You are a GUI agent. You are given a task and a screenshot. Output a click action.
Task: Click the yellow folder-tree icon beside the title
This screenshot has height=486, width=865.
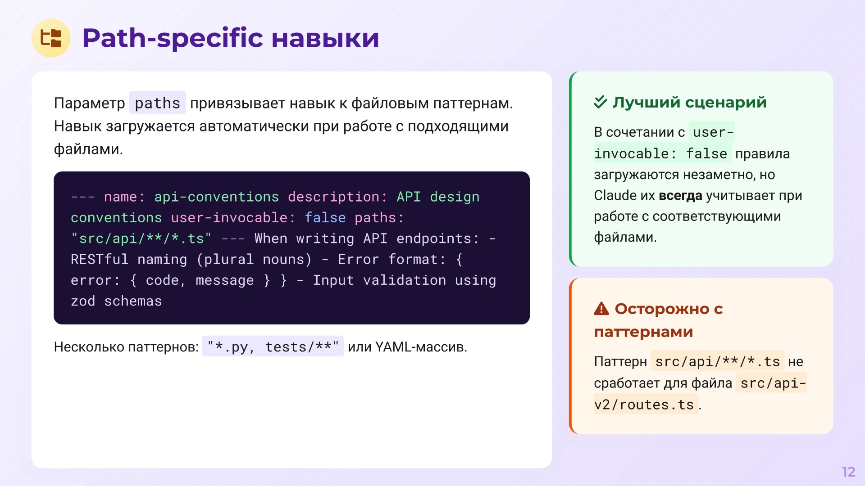click(x=51, y=38)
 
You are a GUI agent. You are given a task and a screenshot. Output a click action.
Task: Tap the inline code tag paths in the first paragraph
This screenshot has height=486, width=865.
click(x=157, y=103)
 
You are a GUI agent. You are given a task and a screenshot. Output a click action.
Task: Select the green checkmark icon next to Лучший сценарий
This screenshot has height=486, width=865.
click(x=600, y=102)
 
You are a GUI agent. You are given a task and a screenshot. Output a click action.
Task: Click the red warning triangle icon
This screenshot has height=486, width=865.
click(x=601, y=309)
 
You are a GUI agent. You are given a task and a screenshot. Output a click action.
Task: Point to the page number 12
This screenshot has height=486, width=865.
click(x=848, y=472)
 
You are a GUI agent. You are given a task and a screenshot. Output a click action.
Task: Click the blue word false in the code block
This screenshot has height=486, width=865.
click(x=325, y=218)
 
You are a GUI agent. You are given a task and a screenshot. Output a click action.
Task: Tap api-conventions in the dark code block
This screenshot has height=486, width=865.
click(x=216, y=197)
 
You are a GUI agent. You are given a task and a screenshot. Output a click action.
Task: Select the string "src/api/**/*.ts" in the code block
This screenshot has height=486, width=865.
click(x=141, y=238)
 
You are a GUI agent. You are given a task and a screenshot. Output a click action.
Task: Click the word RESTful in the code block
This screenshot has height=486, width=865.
click(x=100, y=260)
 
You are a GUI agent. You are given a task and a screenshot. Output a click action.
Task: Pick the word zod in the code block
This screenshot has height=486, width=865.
click(x=83, y=301)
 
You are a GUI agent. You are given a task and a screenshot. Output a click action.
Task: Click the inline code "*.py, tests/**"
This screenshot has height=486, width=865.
click(x=273, y=347)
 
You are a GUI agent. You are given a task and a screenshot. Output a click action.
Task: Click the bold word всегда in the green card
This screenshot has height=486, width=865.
click(x=680, y=196)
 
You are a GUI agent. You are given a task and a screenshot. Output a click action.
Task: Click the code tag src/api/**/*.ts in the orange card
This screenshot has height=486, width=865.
click(x=717, y=361)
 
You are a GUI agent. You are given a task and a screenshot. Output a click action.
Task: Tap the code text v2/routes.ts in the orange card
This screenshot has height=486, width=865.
click(x=644, y=405)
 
